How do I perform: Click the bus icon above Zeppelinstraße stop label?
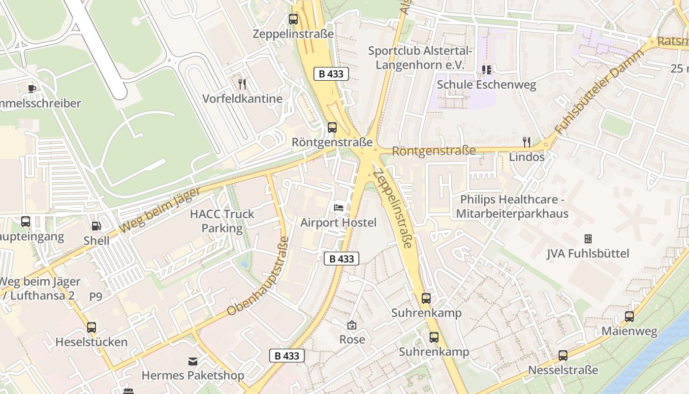tap(293, 19)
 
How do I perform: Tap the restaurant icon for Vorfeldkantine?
tap(242, 84)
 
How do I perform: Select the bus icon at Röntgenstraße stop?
tap(332, 128)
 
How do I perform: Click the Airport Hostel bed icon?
tap(339, 207)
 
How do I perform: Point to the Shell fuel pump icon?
tap(96, 226)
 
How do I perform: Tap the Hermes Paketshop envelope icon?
tap(193, 361)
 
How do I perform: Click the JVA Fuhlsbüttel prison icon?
tap(588, 239)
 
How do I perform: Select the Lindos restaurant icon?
tap(527, 142)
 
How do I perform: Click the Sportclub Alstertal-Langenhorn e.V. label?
tap(420, 58)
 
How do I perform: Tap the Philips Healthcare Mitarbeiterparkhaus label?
tap(512, 207)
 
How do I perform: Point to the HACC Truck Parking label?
tap(222, 221)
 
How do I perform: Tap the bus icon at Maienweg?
tap(629, 317)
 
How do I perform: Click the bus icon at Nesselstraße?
tap(563, 355)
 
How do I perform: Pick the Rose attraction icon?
tap(352, 325)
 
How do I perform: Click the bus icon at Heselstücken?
tap(92, 327)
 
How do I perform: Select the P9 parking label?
tap(95, 296)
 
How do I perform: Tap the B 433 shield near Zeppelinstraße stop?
tap(331, 74)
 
